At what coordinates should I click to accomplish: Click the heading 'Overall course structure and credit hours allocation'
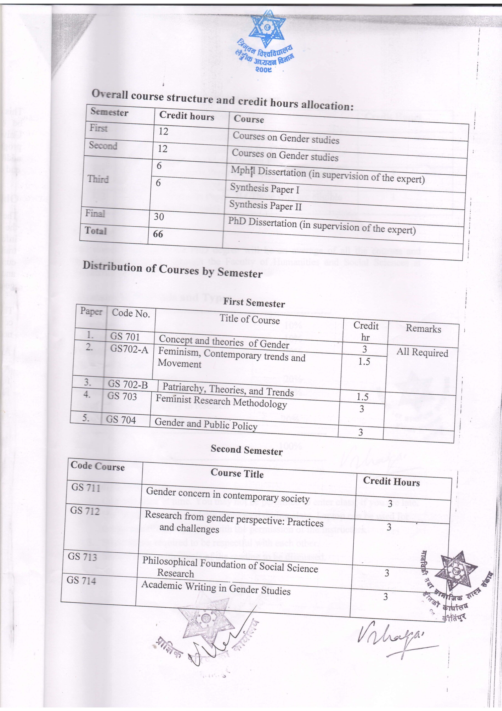point(222,100)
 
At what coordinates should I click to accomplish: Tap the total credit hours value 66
point(158,234)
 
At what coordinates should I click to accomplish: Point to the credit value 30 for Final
point(159,216)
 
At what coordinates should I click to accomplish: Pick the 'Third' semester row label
point(98,179)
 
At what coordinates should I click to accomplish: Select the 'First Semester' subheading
point(254,302)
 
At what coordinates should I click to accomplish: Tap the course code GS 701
point(125,337)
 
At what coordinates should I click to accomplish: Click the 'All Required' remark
point(422,352)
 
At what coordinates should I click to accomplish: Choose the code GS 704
point(121,420)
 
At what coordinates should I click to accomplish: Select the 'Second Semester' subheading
point(247,450)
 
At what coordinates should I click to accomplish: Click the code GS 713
point(82,557)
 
